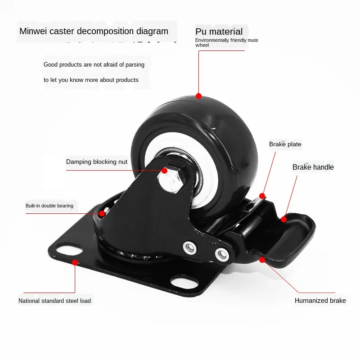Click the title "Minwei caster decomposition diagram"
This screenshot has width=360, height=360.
pyautogui.click(x=94, y=31)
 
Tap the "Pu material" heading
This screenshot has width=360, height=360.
pyautogui.click(x=219, y=31)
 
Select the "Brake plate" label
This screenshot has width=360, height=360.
pyautogui.click(x=285, y=144)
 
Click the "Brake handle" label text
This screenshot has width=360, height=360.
pyautogui.click(x=313, y=167)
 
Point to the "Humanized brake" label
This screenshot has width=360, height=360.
pyautogui.click(x=320, y=300)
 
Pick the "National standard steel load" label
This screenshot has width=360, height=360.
pyautogui.click(x=54, y=301)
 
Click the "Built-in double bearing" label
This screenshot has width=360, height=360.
pyautogui.click(x=49, y=206)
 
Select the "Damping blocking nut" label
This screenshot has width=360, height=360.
pyautogui.click(x=97, y=162)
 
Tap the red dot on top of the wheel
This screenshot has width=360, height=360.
pyautogui.click(x=198, y=96)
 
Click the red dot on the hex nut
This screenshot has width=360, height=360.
pyautogui.click(x=165, y=171)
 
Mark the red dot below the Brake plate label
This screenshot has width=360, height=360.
pyautogui.click(x=262, y=196)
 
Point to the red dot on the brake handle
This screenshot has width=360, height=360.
pyautogui.click(x=284, y=220)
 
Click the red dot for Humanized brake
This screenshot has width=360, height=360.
pyautogui.click(x=262, y=260)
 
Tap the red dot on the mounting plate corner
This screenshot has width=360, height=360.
pyautogui.click(x=75, y=261)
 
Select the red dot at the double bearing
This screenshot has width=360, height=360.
pyautogui.click(x=102, y=213)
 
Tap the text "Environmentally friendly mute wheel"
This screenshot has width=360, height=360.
pyautogui.click(x=226, y=43)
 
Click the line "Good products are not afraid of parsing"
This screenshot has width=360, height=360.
pyautogui.click(x=94, y=65)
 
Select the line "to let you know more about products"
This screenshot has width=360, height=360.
pyautogui.click(x=91, y=80)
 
